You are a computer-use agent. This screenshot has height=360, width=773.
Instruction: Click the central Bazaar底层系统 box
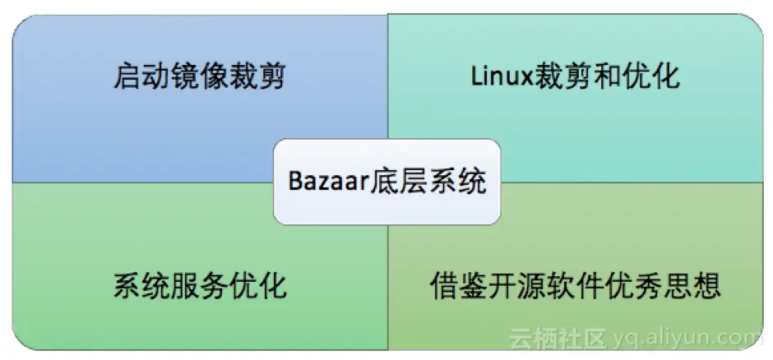coord(386,181)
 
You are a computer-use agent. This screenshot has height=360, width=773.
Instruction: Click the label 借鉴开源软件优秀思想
coord(576,288)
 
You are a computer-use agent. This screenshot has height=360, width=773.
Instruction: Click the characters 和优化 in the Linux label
coord(636,77)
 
